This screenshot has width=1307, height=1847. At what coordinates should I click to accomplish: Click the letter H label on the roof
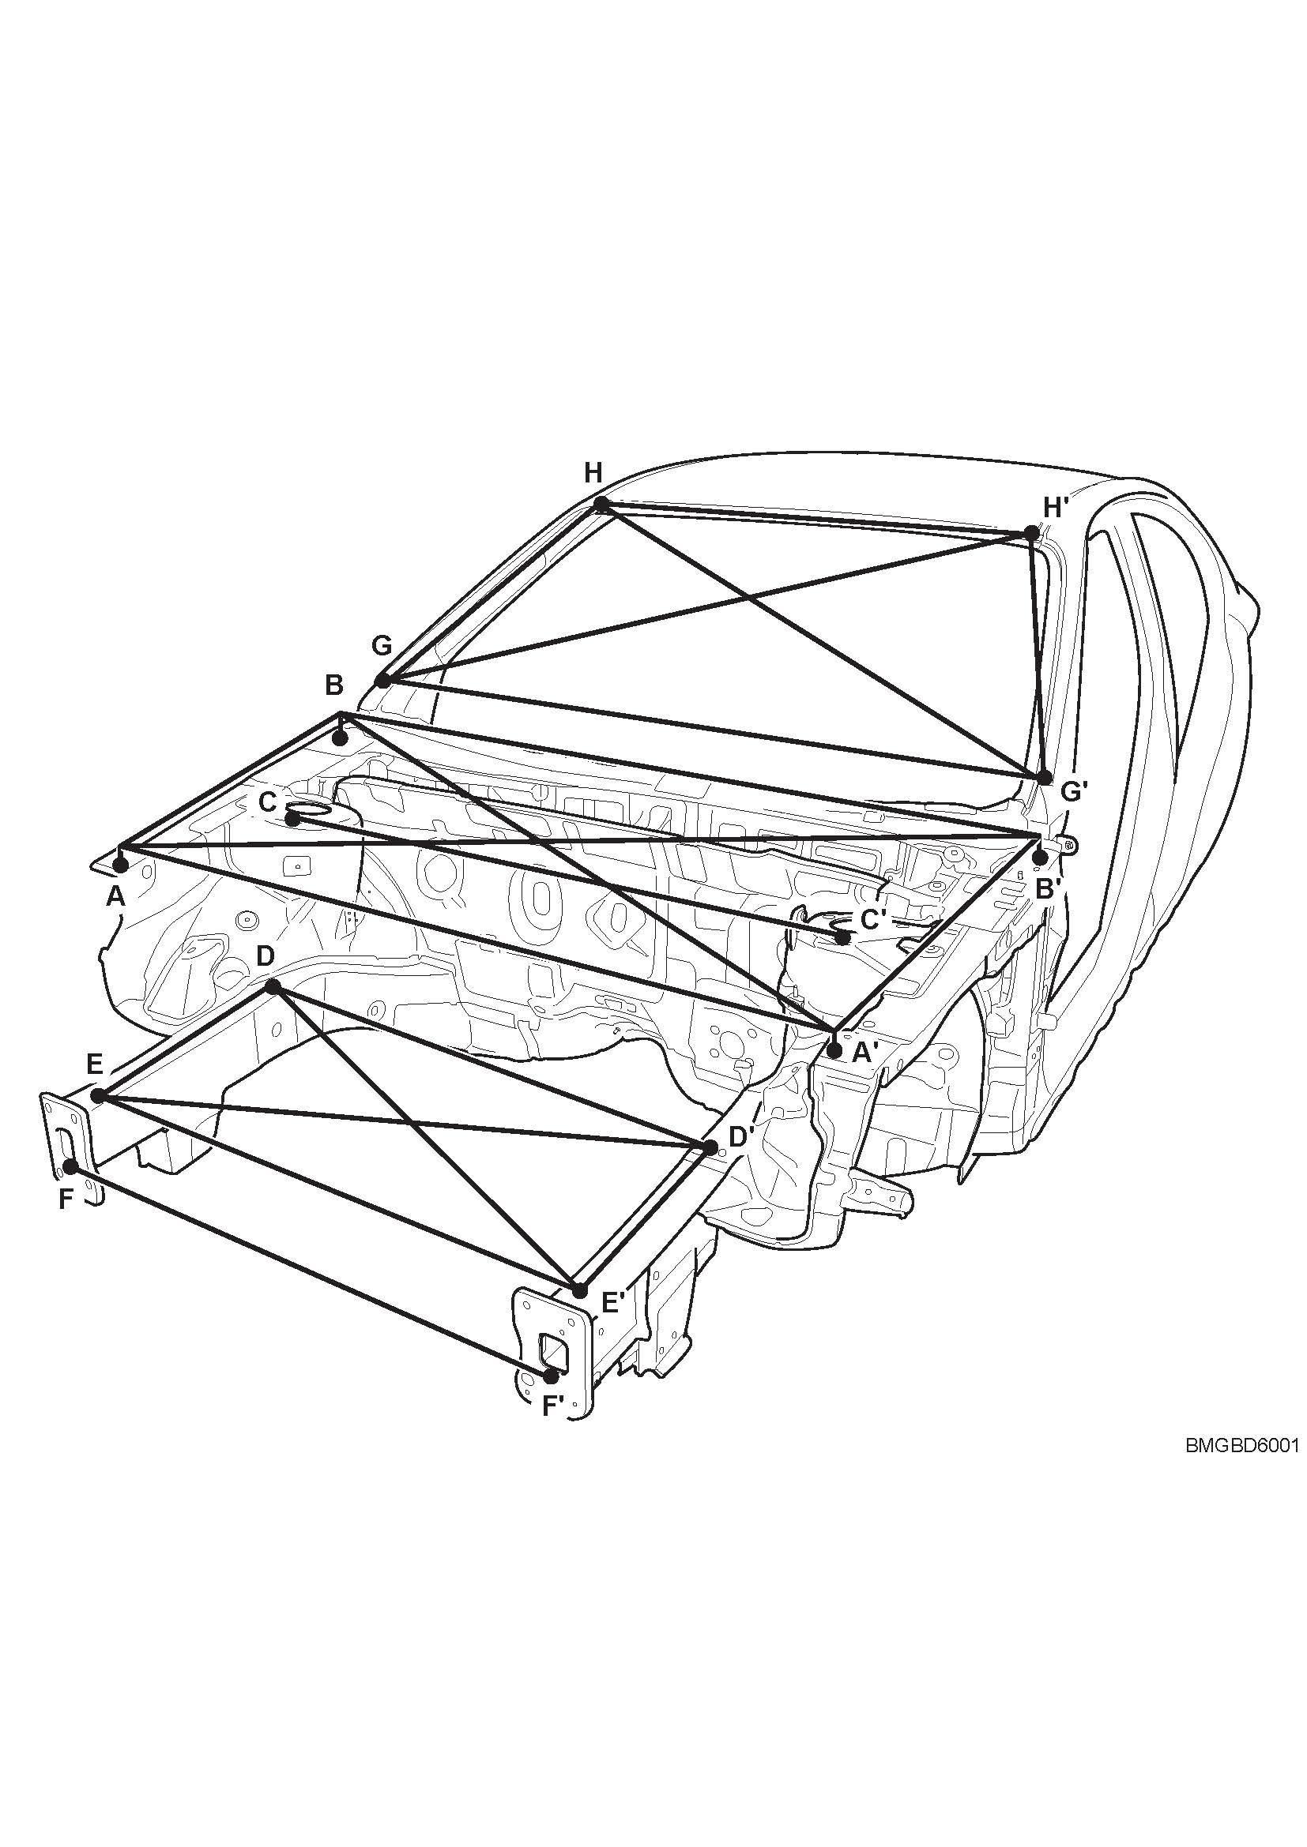click(593, 473)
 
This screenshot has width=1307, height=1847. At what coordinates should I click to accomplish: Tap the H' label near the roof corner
click(1056, 508)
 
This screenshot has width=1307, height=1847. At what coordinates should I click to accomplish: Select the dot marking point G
click(383, 681)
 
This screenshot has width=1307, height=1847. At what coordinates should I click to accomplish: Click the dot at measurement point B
click(341, 737)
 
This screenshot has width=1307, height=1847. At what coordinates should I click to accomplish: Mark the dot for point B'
click(1040, 858)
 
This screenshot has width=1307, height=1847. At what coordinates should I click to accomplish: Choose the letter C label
click(268, 802)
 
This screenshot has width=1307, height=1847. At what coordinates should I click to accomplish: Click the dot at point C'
click(842, 937)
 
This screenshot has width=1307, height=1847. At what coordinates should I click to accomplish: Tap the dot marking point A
click(121, 865)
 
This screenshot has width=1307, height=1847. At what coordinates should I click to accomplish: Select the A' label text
click(864, 1052)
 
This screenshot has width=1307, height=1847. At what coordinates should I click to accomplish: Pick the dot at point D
click(273, 986)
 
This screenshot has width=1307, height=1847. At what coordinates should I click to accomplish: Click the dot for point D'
click(710, 1147)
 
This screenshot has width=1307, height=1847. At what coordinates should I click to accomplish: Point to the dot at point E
click(98, 1096)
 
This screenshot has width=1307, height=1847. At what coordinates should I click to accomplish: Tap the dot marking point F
click(70, 1166)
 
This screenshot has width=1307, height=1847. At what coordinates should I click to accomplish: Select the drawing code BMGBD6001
click(1243, 1446)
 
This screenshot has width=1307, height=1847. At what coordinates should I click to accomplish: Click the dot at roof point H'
click(1031, 532)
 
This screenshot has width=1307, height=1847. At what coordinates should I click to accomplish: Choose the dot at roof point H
click(601, 504)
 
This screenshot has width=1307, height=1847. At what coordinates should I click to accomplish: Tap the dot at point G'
click(1045, 777)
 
